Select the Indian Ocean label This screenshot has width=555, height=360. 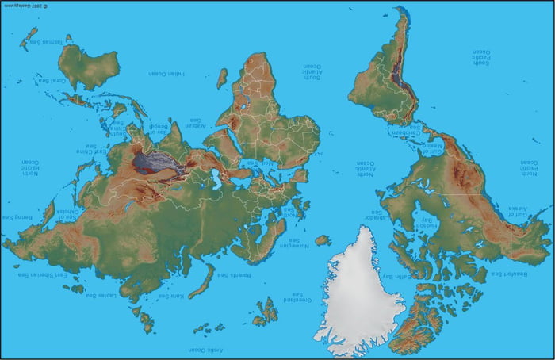point(167,74)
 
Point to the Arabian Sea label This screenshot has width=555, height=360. point(196,124)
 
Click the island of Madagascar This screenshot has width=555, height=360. point(222,79)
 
